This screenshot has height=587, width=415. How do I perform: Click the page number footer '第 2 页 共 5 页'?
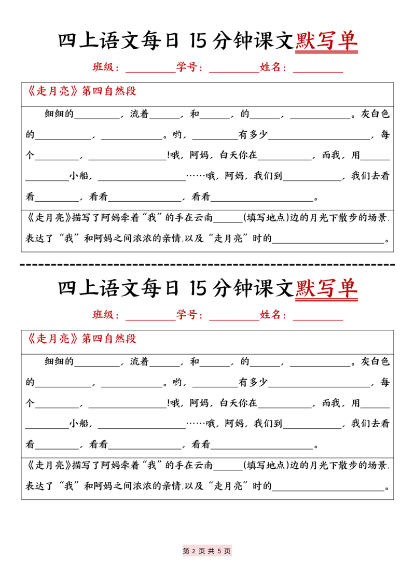coord(207,551)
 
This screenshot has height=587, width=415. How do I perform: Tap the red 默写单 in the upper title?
coord(326,40)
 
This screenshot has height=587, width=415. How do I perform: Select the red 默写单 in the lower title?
coord(326,288)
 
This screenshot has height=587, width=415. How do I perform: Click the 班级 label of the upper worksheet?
coord(103,67)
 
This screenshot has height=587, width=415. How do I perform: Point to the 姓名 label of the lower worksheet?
coord(270,314)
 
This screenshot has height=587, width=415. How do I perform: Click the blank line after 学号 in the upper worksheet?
coord(234,72)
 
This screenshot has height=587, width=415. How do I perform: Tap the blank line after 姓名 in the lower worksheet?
coord(318,320)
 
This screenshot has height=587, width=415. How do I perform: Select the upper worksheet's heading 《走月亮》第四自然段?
coord(81,91)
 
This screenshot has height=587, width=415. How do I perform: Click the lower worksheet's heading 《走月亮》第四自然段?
coord(81,339)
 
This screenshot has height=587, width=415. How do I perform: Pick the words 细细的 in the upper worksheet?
coord(59,114)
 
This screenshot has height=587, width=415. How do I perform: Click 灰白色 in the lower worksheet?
coord(375,361)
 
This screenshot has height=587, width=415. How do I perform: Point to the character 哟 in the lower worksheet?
coord(177,382)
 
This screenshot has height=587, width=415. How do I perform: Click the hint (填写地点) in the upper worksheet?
coord(266,217)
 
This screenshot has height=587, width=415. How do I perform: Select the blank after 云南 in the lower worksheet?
coord(228,470)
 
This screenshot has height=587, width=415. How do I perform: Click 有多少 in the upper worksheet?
coord(253,134)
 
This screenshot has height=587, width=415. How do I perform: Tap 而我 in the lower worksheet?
coord(331,403)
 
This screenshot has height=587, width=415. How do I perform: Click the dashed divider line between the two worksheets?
coord(207,264)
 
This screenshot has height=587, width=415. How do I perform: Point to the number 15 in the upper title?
coord(198,41)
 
